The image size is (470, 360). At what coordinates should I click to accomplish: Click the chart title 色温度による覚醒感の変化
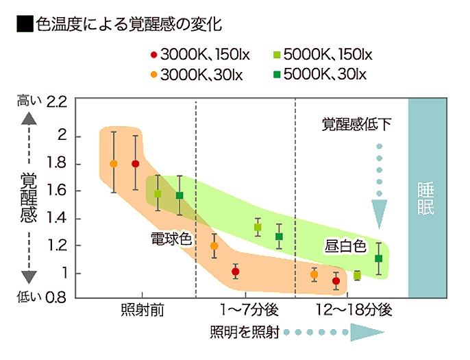coord(129,25)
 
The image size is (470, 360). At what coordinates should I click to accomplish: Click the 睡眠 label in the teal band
coord(425,200)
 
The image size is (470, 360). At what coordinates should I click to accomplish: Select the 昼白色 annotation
coord(346,245)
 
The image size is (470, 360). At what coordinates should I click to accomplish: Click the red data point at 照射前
coord(136,164)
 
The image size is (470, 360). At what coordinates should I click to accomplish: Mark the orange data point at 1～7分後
coord(214,245)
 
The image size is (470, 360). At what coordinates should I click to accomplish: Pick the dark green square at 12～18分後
coord(378,259)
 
